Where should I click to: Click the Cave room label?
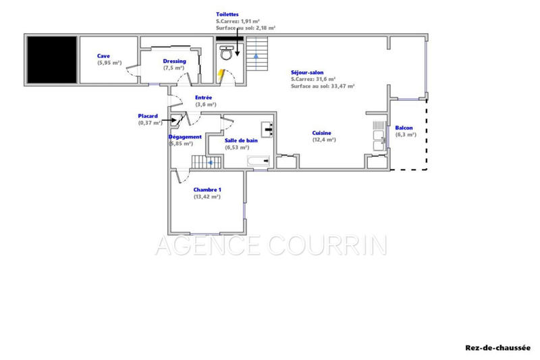point(103,56)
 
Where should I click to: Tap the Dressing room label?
point(174,61)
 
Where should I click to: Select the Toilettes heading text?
point(227,13)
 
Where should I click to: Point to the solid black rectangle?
point(51,59)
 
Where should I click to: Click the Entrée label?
point(203,98)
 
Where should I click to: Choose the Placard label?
point(149,115)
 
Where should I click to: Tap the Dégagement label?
point(185,136)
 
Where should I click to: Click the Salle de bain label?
point(242,140)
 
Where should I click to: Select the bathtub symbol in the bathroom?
point(259,162)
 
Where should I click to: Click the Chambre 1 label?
point(207,190)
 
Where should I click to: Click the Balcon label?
point(405,128)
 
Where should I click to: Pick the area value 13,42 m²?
point(207,197)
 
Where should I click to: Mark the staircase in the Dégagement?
point(202,162)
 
